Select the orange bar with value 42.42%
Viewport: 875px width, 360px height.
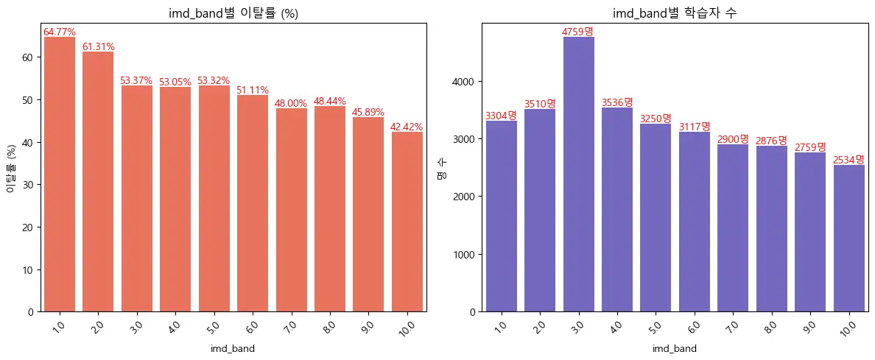407,222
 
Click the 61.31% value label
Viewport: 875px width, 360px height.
98,47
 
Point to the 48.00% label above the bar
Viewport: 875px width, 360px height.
291,104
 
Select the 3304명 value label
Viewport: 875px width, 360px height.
501,116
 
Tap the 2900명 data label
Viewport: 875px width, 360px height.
733,139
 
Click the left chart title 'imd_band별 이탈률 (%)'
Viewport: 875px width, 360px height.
233,14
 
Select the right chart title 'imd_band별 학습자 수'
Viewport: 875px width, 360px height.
675,14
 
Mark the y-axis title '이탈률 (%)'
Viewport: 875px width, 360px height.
11,167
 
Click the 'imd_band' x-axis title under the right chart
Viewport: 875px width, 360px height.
675,348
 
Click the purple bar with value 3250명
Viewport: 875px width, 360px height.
656,217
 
